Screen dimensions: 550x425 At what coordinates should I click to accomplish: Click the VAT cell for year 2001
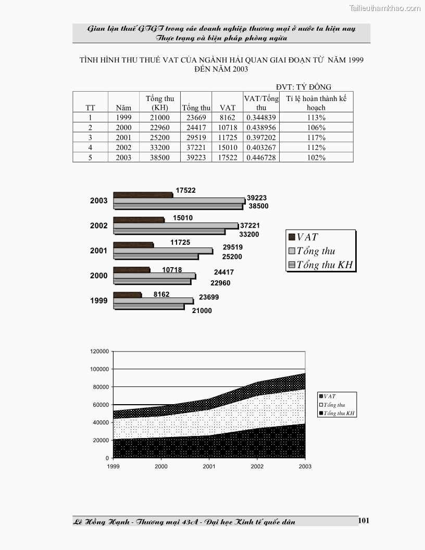click(227, 137)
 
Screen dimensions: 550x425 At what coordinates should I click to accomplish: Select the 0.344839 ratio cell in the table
click(261, 118)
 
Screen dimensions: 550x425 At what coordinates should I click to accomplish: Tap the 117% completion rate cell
click(316, 137)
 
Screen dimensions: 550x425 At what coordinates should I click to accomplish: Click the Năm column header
click(123, 108)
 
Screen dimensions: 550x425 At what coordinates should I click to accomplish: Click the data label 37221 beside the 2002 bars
click(249, 226)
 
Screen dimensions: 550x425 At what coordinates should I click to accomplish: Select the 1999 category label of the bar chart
click(98, 301)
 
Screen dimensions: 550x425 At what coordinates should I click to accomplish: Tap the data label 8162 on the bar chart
click(161, 294)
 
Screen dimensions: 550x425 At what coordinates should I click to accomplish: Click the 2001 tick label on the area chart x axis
click(209, 467)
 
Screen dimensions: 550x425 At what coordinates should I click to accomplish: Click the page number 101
click(364, 520)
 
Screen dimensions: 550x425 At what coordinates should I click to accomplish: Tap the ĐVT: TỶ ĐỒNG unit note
click(304, 87)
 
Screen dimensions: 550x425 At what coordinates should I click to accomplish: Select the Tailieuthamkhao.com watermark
click(385, 8)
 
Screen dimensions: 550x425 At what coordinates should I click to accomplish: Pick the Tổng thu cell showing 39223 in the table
click(197, 157)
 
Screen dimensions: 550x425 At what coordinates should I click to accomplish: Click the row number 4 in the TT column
click(90, 147)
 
